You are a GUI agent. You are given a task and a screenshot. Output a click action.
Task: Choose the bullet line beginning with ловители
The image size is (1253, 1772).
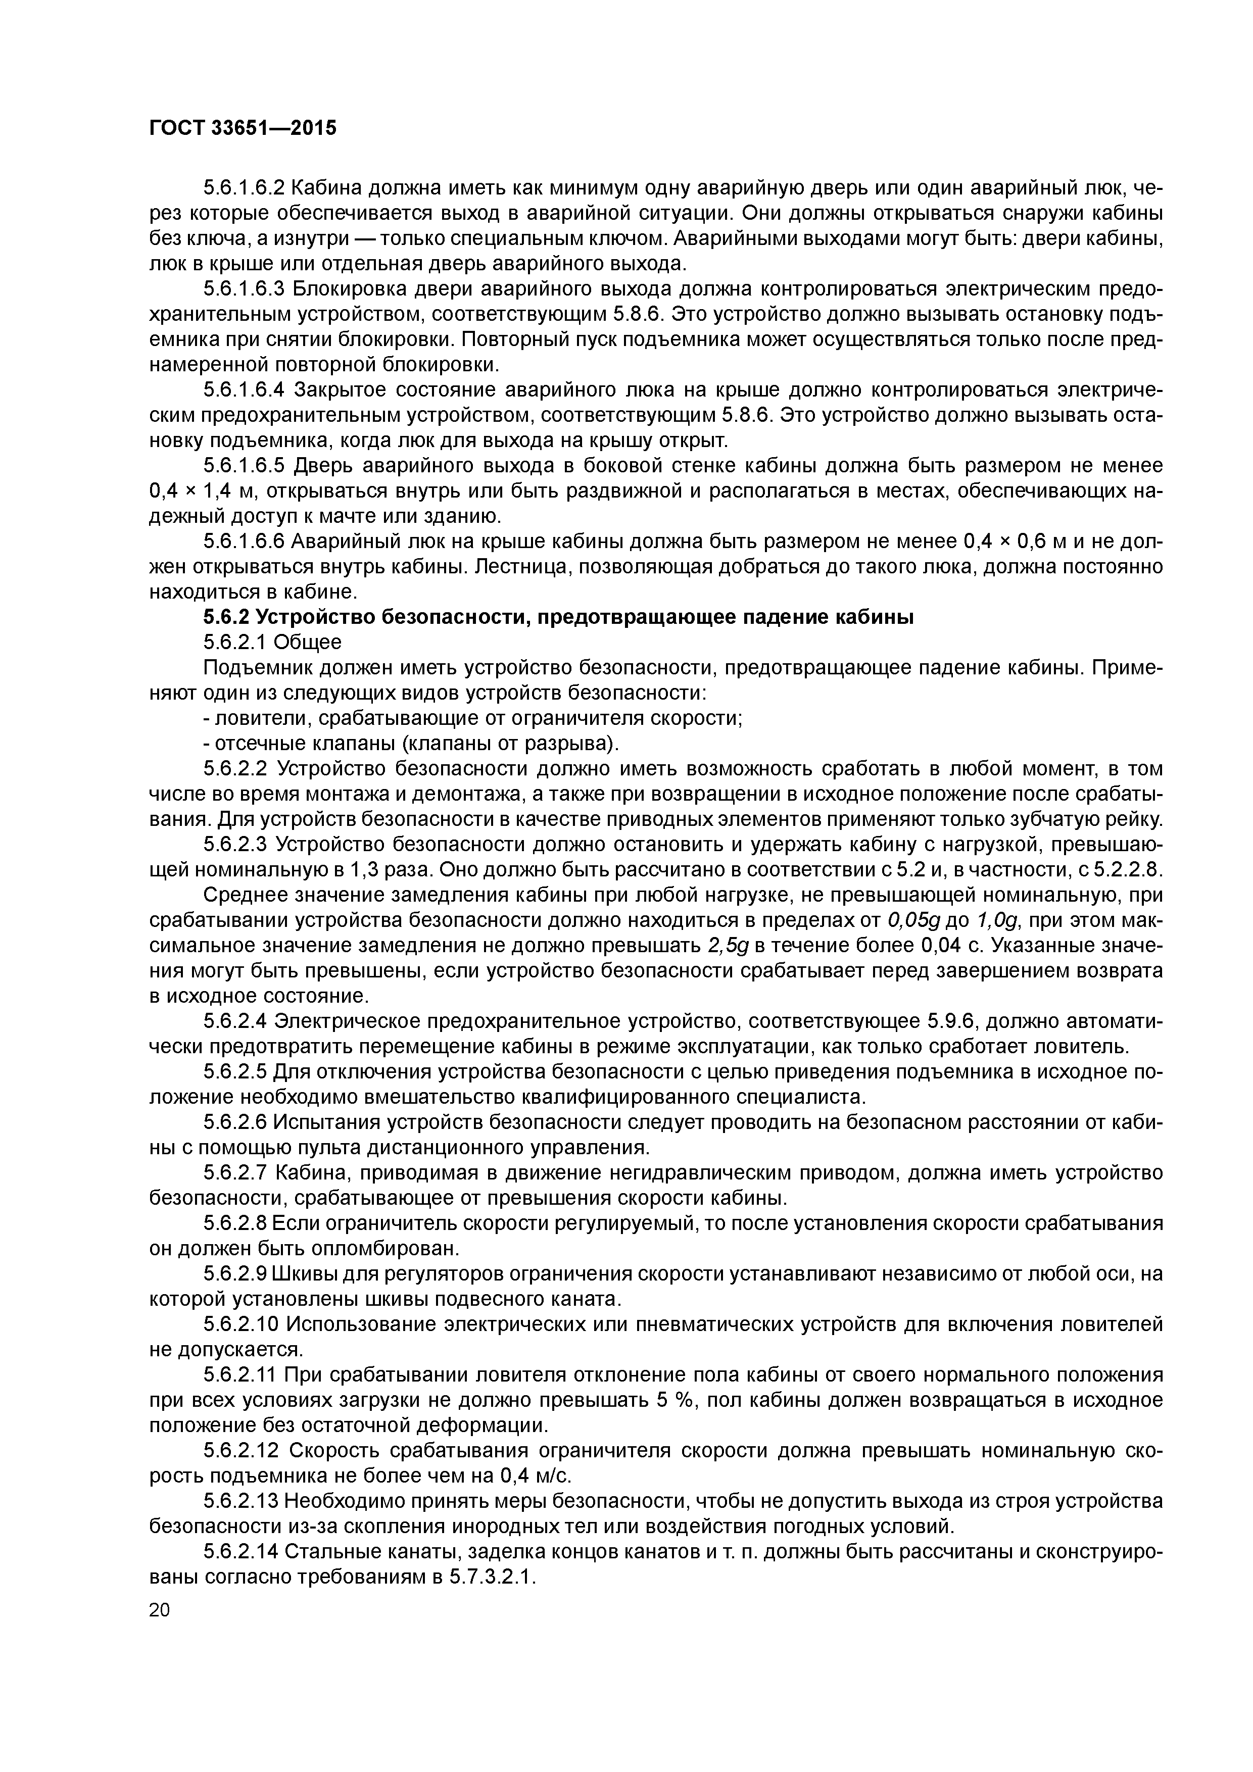pyautogui.click(x=472, y=718)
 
